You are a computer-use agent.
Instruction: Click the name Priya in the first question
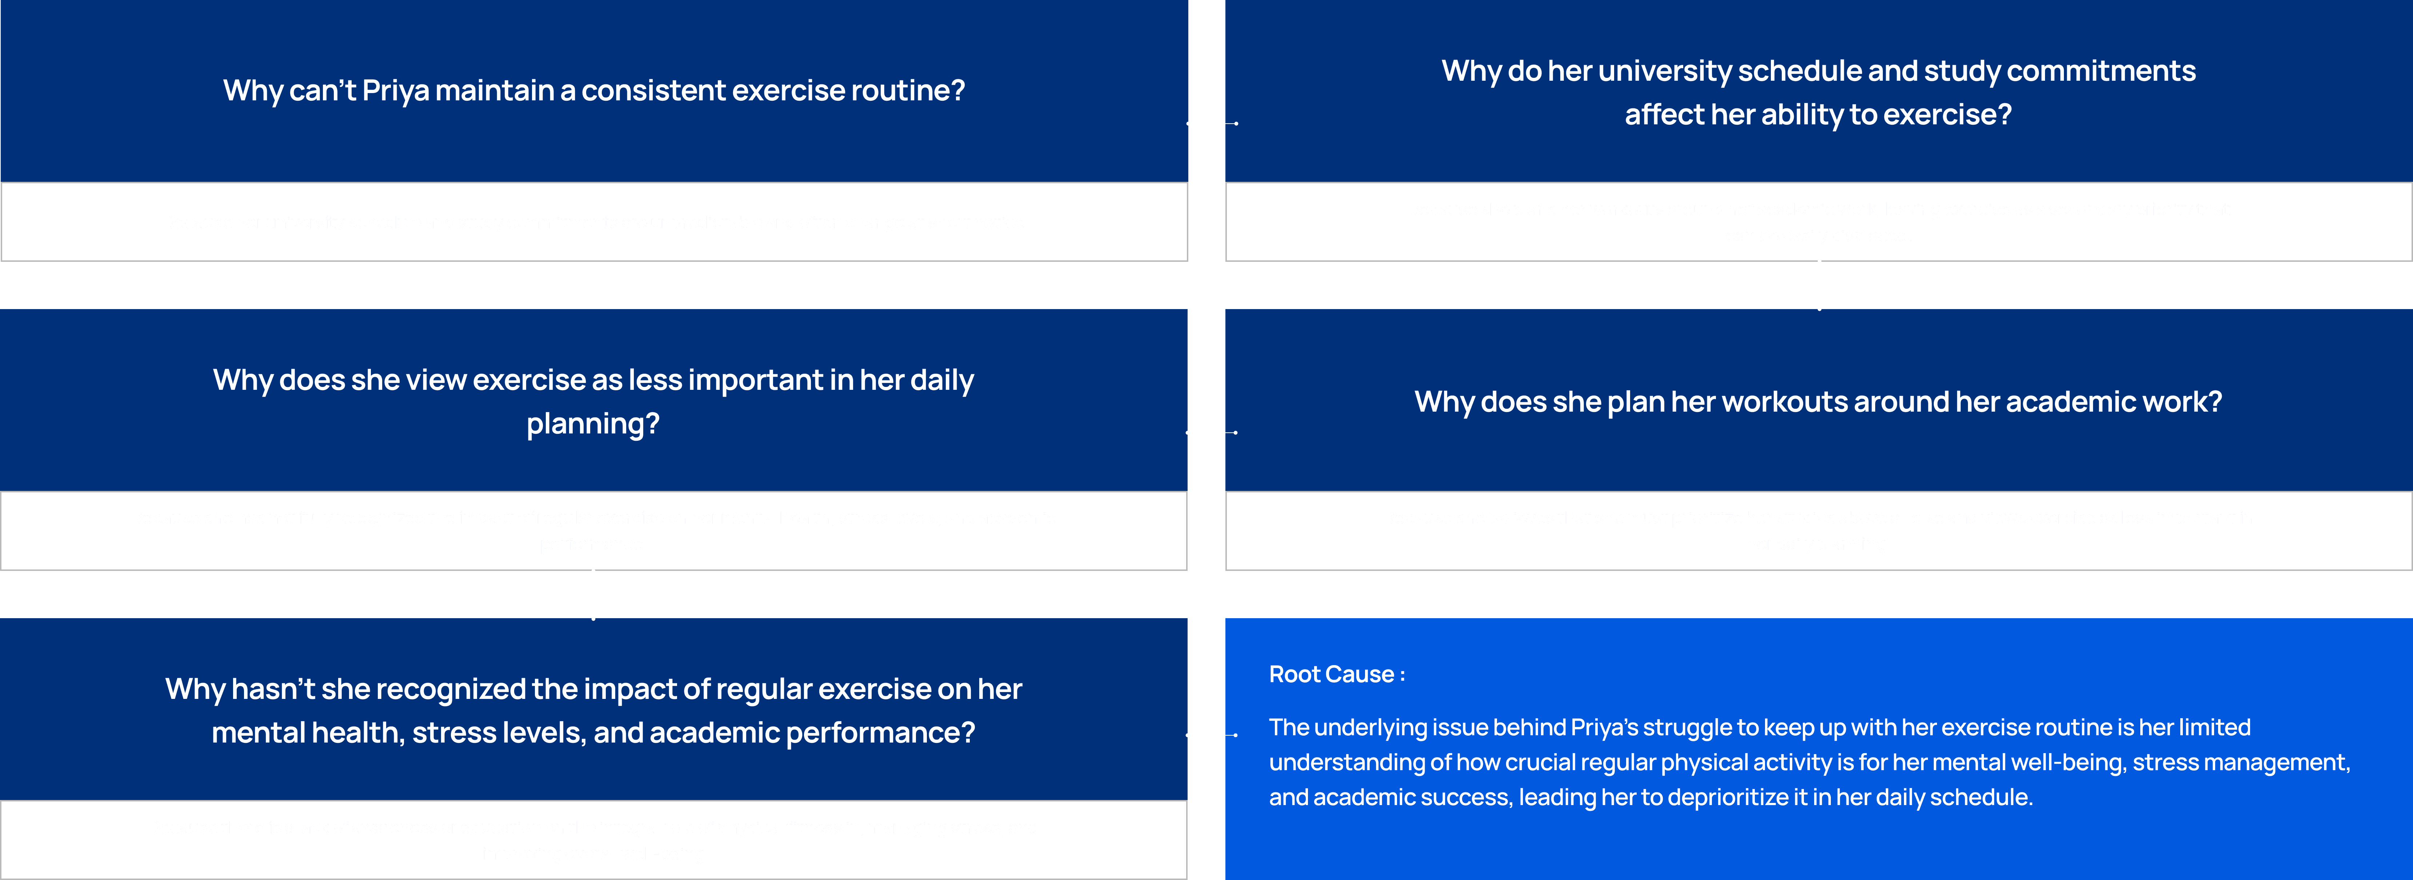click(395, 91)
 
